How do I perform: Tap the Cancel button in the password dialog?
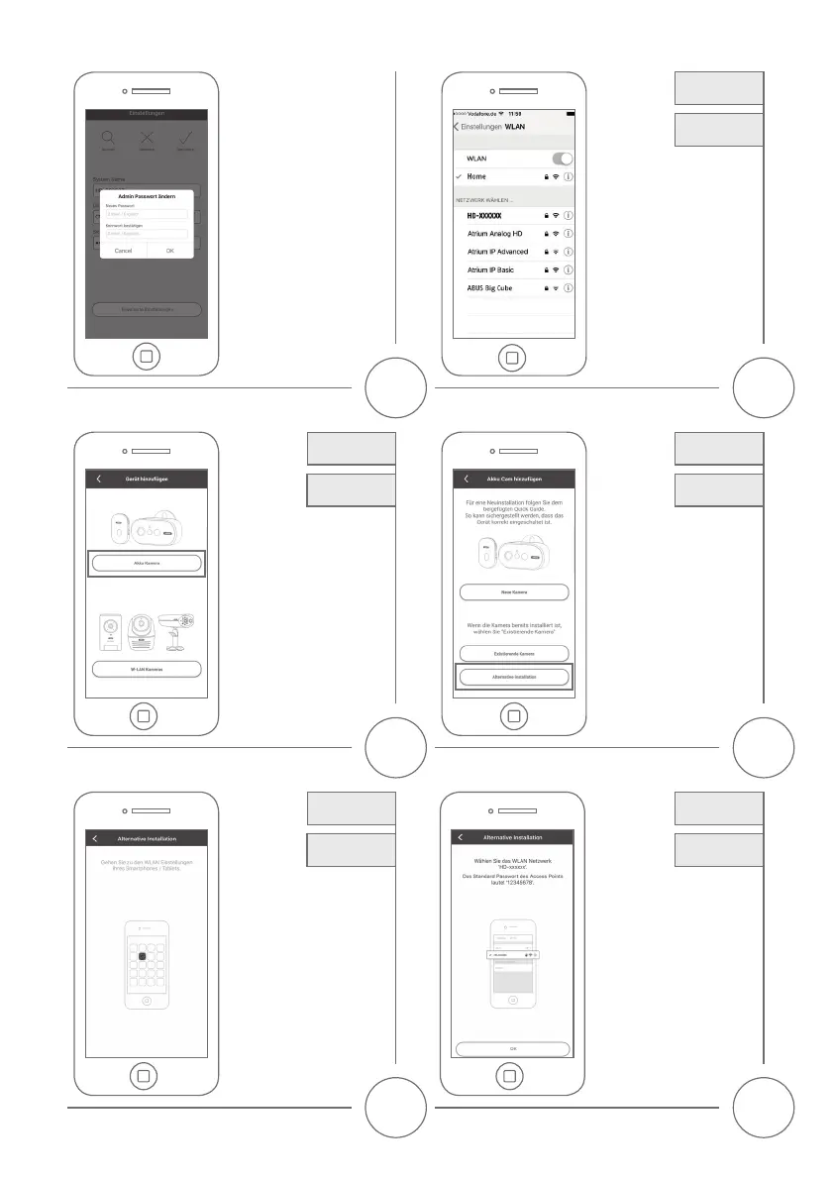tap(124, 251)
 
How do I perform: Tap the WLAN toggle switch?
tap(561, 159)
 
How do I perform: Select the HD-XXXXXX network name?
tap(485, 215)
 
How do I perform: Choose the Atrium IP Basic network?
tap(490, 269)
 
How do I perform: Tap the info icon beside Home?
tap(569, 176)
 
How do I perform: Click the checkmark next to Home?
tap(459, 176)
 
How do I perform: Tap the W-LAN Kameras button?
tap(146, 668)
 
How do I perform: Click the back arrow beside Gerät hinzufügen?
tap(99, 479)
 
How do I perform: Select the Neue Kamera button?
tap(513, 591)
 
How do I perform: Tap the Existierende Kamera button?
tap(513, 654)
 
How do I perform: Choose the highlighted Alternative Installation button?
tap(513, 677)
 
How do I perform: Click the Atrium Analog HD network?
tap(495, 233)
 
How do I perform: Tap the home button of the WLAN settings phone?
tap(511, 356)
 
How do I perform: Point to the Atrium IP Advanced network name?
tap(498, 252)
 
